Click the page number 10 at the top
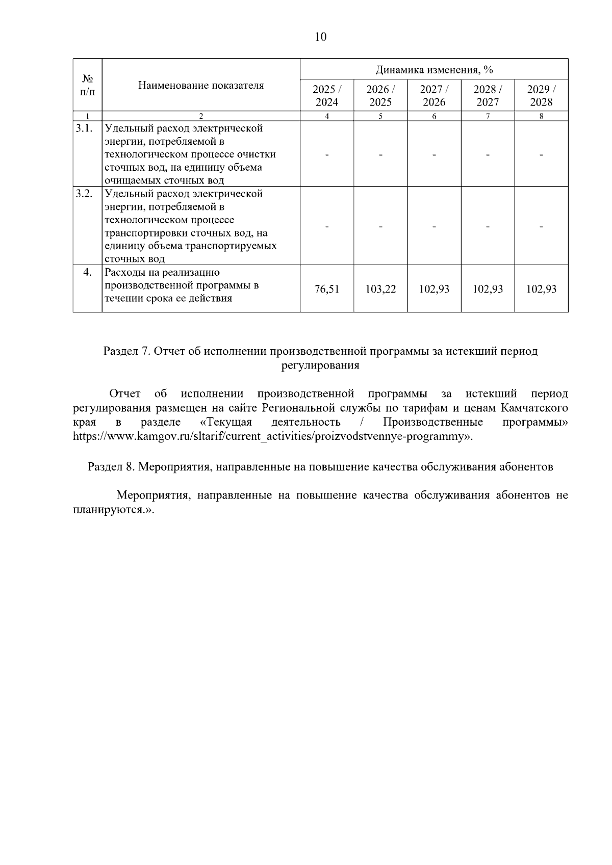321,37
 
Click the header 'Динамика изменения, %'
434,69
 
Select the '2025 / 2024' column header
327,95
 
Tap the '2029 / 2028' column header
541,95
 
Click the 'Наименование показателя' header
201,85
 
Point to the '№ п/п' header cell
87,85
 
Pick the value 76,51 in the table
327,289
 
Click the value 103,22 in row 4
380,289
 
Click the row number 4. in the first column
87,272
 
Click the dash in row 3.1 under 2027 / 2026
434,154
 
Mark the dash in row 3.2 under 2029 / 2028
541,226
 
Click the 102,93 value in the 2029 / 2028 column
541,289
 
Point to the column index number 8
541,116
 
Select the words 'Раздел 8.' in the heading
111,467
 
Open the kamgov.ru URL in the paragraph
270,437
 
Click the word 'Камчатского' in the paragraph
534,408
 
